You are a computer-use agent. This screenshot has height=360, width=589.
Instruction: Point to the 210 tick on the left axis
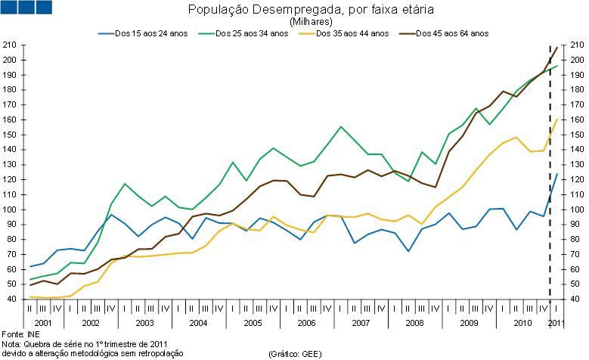[10, 45]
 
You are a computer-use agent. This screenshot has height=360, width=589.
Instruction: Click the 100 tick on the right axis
[577, 209]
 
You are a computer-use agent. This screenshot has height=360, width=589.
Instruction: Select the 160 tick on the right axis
[577, 120]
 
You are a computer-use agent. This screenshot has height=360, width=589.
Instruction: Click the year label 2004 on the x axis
[198, 323]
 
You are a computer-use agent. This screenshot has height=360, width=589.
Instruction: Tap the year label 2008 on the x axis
[414, 323]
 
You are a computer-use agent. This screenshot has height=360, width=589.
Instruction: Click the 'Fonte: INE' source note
[20, 333]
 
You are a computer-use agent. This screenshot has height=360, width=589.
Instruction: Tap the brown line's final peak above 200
[557, 48]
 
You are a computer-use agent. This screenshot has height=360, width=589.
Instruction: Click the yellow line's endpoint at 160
[557, 119]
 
